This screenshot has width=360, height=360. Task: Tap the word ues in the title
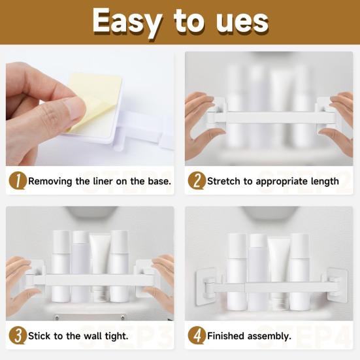242,22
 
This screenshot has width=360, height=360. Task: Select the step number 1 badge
18,181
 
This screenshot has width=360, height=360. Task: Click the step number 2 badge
197,181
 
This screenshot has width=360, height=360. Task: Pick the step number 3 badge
18,336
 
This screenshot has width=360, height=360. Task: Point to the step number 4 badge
197,336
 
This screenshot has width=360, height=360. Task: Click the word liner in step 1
103,181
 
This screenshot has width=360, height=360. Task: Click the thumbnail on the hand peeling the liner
75,108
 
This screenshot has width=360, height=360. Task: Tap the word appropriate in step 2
282,182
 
